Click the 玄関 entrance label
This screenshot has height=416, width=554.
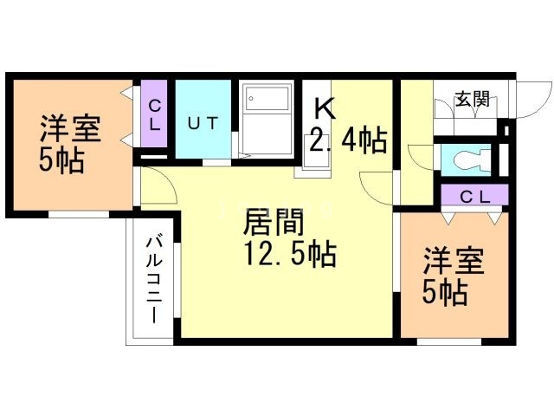coord(472,98)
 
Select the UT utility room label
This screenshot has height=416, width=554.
coord(202,123)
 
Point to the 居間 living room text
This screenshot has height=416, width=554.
coord(274,222)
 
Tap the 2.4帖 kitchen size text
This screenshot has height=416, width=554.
coord(348,140)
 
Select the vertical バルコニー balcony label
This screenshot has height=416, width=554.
coord(154,280)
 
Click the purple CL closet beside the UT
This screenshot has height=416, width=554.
coord(154,114)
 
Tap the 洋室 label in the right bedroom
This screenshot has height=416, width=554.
coord(454,261)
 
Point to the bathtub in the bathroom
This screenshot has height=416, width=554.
coord(267,98)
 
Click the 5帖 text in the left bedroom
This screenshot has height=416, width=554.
coord(61,160)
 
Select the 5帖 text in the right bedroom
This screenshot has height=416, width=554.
coord(445,293)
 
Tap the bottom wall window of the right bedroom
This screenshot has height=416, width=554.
coord(448,342)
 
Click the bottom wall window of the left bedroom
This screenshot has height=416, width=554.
coord(79,214)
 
